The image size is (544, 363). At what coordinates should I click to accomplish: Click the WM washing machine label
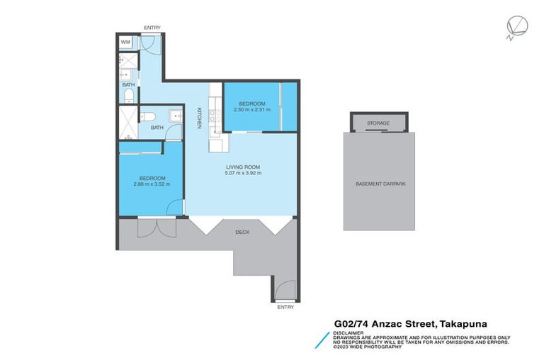tap(125, 43)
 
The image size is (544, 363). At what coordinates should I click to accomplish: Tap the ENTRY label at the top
tap(152, 28)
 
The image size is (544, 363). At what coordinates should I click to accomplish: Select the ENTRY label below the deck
tap(285, 307)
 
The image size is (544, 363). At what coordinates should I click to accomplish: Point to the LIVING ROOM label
tap(242, 167)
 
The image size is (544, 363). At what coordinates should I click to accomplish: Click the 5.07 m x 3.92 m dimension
tap(242, 174)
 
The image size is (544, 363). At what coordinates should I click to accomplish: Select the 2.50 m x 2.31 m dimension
tap(253, 110)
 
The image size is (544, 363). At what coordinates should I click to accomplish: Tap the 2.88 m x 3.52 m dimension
tap(152, 184)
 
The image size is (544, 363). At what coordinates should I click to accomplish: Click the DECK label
tap(242, 230)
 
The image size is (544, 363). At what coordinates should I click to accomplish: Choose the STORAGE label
tap(378, 123)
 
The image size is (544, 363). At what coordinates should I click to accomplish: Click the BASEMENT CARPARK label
tap(378, 184)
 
